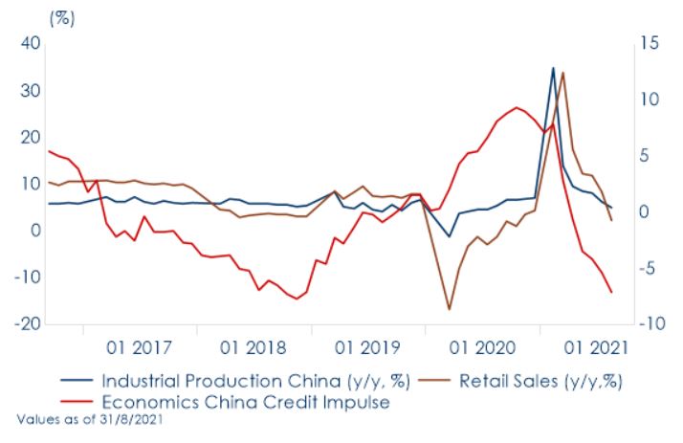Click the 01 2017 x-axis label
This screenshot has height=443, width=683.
click(140, 345)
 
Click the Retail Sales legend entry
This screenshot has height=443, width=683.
click(541, 380)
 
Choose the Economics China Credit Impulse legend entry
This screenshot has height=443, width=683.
click(246, 402)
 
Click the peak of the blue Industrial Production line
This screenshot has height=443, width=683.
click(553, 68)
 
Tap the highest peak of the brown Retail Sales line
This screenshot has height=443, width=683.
click(563, 73)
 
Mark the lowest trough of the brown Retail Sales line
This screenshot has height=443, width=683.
click(449, 309)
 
